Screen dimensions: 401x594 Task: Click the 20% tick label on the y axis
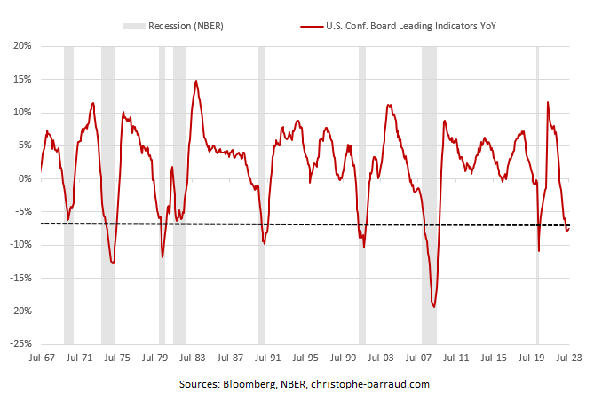(x=21, y=45)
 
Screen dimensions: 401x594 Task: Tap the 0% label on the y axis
(x=24, y=178)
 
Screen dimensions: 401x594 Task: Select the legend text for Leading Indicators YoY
(x=414, y=26)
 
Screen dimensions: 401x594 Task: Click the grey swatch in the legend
(x=136, y=26)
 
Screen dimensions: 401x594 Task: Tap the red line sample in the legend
(x=312, y=26)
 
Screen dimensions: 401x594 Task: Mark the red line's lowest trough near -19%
(x=434, y=306)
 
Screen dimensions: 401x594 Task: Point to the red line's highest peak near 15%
(x=196, y=81)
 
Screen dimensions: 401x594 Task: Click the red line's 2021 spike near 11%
(x=548, y=102)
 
